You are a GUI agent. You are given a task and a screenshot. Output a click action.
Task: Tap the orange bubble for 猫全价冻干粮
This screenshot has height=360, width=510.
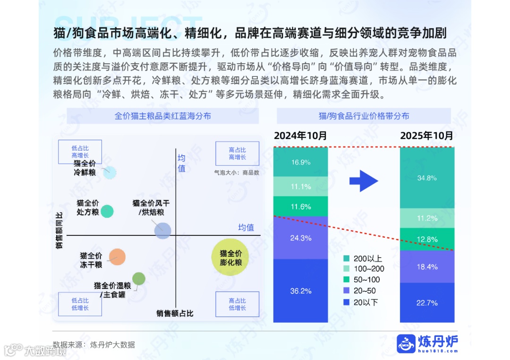(117, 257)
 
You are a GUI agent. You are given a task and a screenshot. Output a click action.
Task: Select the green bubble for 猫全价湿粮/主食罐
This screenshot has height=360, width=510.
(138, 279)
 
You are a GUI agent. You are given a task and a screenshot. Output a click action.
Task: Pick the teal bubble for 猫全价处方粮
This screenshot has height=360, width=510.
(107, 211)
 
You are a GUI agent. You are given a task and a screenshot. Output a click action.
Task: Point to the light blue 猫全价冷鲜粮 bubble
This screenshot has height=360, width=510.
(110, 172)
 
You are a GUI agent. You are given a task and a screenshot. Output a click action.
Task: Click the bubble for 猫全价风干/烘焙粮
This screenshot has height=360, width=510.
(162, 230)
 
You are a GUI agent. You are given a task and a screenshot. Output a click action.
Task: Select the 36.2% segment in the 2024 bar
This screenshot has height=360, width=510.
(301, 291)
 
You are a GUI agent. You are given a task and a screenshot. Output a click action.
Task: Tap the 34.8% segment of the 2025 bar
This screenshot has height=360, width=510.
(427, 178)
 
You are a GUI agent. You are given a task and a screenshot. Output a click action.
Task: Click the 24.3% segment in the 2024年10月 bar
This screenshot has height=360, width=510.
(301, 238)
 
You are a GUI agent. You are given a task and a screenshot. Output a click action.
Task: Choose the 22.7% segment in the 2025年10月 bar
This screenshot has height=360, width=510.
(427, 302)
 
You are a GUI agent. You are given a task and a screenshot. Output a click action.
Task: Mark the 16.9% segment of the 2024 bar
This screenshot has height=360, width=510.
(301, 162)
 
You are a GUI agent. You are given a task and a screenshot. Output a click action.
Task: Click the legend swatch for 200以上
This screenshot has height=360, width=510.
(347, 259)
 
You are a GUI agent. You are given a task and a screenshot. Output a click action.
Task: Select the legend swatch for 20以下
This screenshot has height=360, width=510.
(347, 302)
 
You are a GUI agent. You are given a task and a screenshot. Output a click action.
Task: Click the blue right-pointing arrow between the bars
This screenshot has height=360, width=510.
(364, 181)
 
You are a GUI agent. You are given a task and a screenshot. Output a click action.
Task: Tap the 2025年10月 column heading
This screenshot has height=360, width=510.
(427, 136)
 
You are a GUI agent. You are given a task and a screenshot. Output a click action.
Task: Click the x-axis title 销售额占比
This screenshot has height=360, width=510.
(175, 313)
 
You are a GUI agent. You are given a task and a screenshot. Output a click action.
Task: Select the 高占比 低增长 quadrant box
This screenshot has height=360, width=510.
(237, 304)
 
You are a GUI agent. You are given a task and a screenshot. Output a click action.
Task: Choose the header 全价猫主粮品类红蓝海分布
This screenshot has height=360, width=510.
(163, 116)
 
